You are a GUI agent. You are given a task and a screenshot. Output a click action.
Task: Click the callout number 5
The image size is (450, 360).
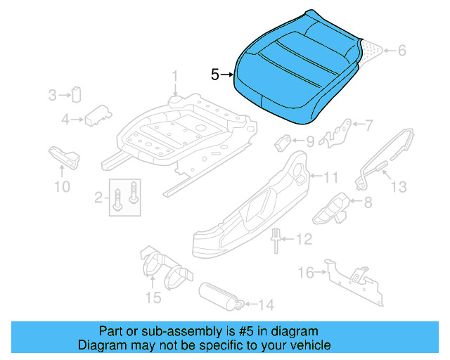214,74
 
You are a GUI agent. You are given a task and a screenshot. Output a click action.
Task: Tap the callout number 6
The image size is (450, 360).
402,51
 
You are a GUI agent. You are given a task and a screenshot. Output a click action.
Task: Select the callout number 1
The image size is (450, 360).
176,75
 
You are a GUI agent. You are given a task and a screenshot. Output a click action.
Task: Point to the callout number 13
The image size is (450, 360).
399,187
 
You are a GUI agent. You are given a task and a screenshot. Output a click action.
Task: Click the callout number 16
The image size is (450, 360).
306,273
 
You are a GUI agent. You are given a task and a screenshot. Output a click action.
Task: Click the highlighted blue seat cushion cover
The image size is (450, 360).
295,70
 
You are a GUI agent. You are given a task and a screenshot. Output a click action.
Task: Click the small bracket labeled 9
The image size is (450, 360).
284,141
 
